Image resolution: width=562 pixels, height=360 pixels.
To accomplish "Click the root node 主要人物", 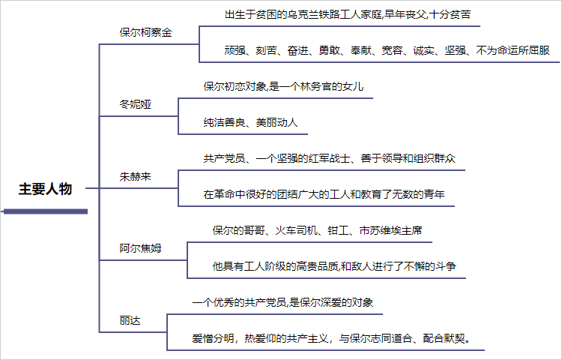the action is (x=46, y=189).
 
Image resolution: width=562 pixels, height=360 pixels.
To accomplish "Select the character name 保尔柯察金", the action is (x=146, y=33).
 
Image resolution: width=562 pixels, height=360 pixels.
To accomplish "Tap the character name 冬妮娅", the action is (x=135, y=104).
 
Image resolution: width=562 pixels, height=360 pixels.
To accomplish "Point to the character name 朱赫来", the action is (x=135, y=176).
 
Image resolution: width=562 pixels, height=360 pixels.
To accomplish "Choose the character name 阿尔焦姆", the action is (x=141, y=248).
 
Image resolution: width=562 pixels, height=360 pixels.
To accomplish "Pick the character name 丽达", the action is (x=130, y=320).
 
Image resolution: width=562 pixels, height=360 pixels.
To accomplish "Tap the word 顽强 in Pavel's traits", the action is (x=235, y=50).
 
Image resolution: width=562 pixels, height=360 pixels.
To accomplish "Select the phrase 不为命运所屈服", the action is (x=513, y=50).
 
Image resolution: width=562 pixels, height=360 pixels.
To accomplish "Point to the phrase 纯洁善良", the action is (x=224, y=123).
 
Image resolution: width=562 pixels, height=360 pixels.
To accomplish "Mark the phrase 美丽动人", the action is (x=277, y=123).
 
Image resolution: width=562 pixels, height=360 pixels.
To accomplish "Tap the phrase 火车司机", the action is (x=296, y=230).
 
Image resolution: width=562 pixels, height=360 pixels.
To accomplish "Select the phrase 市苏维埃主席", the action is (x=390, y=230).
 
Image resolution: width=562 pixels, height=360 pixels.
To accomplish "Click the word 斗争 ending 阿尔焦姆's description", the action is (x=446, y=266).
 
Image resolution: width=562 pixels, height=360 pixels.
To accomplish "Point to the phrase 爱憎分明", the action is (x=214, y=338).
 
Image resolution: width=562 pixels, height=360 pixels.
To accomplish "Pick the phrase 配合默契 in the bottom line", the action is (x=444, y=338).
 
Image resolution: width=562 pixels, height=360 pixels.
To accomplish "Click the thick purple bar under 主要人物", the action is (x=46, y=211).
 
